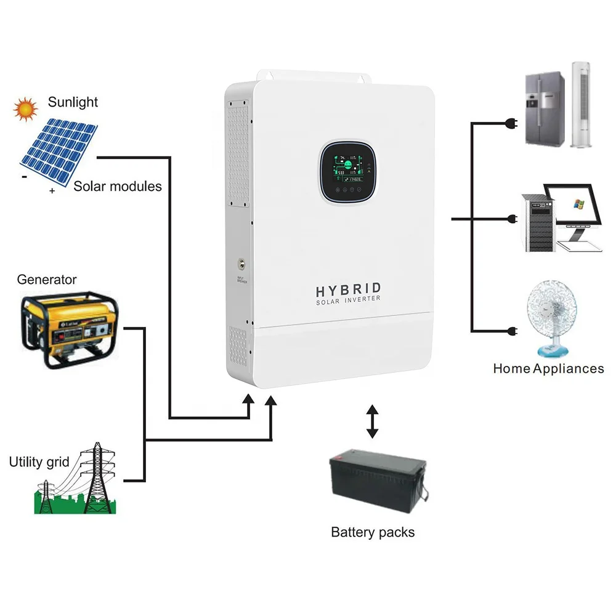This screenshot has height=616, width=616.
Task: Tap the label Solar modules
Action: coord(118,186)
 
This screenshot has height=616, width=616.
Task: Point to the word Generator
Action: coord(47,280)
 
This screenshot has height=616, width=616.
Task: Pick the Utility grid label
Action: coord(39,462)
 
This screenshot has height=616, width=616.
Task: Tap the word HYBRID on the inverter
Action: coord(349,290)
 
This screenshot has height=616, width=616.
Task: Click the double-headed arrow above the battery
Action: coord(371,421)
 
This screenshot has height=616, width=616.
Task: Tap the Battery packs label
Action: coord(373,532)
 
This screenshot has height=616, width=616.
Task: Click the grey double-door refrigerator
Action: coord(544,108)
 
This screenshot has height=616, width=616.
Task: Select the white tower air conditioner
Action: coord(584,104)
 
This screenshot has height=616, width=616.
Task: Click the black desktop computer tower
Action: coord(537,222)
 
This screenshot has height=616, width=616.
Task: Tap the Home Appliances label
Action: coord(548,368)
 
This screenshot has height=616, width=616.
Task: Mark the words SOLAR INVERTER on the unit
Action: coord(349,301)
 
